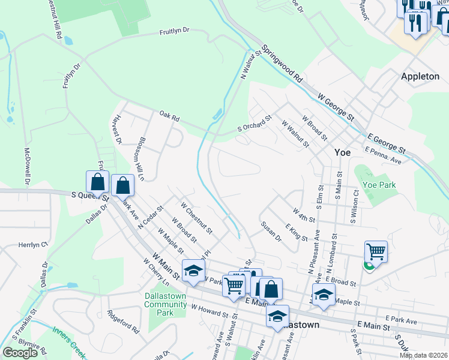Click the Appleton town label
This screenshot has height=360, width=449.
pyautogui.click(x=420, y=77)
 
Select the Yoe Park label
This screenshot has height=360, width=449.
pyautogui.click(x=379, y=185)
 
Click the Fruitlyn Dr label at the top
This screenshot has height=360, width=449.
pyautogui.click(x=174, y=31)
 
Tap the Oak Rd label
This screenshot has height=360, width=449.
pyautogui.click(x=169, y=115)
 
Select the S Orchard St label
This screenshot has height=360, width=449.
pyautogui.click(x=255, y=123)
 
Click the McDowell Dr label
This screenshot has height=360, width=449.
pyautogui.click(x=27, y=165)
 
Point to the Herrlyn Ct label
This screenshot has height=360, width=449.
pyautogui.click(x=33, y=245)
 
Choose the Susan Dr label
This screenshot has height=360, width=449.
pyautogui.click(x=271, y=230)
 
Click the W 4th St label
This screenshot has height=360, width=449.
pyautogui.click(x=304, y=215)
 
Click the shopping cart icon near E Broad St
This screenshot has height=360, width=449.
pyautogui.click(x=376, y=252)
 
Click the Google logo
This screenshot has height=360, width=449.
pyautogui.click(x=20, y=353)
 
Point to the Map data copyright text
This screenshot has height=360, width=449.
pyautogui.click(x=423, y=355)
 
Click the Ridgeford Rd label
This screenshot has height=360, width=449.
pyautogui.click(x=123, y=320)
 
